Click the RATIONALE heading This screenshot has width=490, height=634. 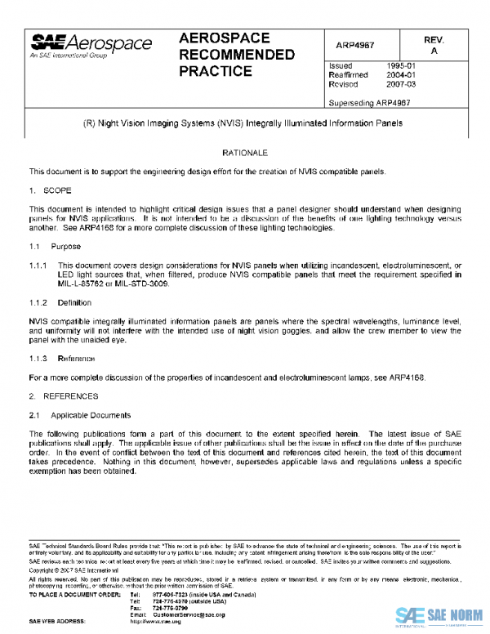click(x=245, y=154)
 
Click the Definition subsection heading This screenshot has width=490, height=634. click(x=76, y=302)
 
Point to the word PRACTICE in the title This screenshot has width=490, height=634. click(x=215, y=72)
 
